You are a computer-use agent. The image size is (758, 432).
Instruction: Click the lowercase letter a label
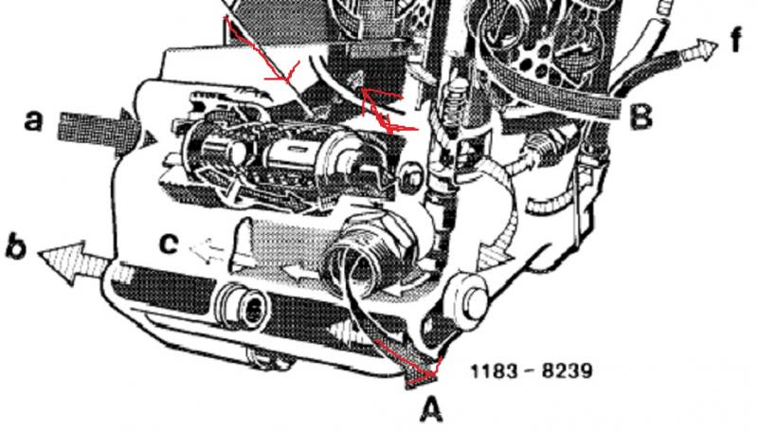pyautogui.click(x=33, y=120)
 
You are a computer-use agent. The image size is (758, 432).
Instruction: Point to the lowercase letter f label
pyautogui.click(x=736, y=40)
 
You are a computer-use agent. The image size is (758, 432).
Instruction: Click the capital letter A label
pyautogui.click(x=431, y=410)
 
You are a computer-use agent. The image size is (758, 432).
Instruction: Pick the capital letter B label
pyautogui.click(x=641, y=117)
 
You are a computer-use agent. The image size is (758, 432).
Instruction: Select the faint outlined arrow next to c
pyautogui.click(x=207, y=250)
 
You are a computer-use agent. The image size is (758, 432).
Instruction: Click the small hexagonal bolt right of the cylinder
pyautogui.click(x=412, y=177)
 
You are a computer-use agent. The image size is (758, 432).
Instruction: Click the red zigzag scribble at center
pyautogui.click(x=387, y=110)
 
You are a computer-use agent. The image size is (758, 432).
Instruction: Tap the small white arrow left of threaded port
pyautogui.click(x=302, y=273)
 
